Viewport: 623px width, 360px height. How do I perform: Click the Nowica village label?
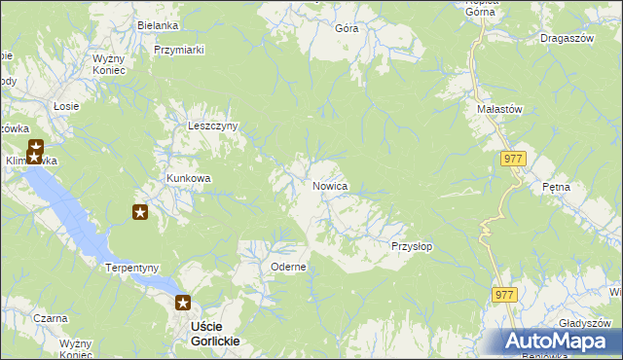point(331,186)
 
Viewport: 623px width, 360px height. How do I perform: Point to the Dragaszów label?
point(565,39)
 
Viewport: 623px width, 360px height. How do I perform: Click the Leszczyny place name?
point(213,126)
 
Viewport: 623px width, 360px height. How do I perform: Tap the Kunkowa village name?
point(189,179)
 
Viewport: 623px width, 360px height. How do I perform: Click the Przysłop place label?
point(412,246)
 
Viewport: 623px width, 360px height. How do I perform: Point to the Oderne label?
point(289,267)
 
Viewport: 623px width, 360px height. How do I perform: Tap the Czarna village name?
point(50,318)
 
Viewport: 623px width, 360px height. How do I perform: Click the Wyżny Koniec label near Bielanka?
point(109,64)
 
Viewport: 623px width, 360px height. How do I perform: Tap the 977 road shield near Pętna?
point(514,158)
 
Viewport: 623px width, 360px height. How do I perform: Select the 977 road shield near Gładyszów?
point(503,294)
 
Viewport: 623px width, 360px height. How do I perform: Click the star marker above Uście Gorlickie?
point(182,303)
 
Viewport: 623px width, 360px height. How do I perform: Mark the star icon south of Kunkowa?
point(140,211)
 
